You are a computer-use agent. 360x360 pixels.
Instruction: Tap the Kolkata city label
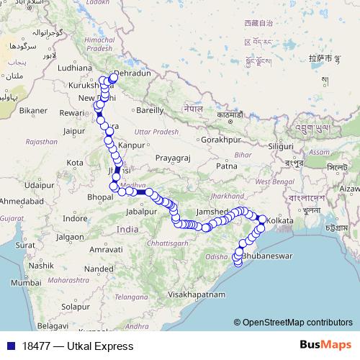[281, 219]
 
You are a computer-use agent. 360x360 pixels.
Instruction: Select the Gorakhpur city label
[220, 140]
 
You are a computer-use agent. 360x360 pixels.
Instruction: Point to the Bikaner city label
[32, 111]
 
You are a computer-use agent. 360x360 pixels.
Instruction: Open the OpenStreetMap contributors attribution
[297, 323]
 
